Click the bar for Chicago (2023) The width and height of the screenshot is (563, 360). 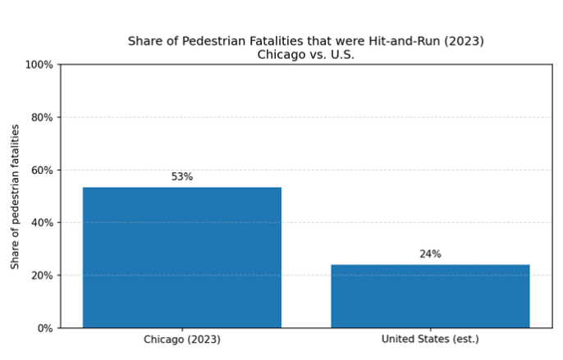tap(181, 257)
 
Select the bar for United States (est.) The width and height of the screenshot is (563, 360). tap(430, 296)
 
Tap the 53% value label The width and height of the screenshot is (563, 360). tap(181, 176)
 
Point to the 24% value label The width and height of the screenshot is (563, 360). tap(430, 254)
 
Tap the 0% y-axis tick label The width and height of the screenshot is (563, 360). tap(44, 328)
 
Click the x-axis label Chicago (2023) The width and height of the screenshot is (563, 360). tap(181, 339)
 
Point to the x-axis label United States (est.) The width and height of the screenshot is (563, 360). tap(430, 339)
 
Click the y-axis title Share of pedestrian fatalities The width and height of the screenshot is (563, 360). tap(16, 196)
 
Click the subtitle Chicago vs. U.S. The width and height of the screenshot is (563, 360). tap(306, 55)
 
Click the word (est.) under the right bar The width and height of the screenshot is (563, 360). tap(464, 339)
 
